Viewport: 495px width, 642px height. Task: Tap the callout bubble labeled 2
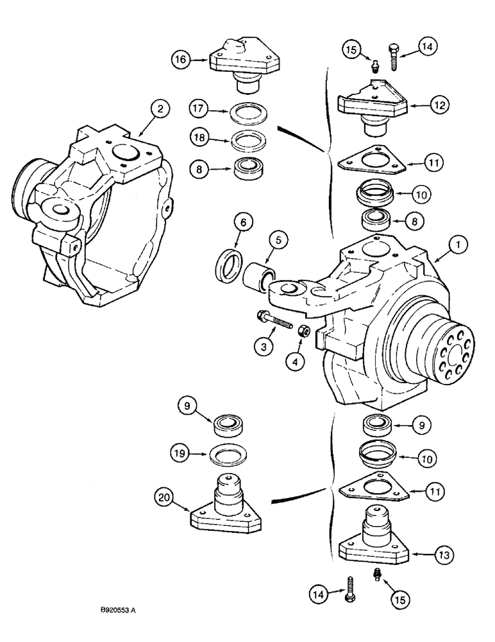161,108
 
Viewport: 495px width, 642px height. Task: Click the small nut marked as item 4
305,331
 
